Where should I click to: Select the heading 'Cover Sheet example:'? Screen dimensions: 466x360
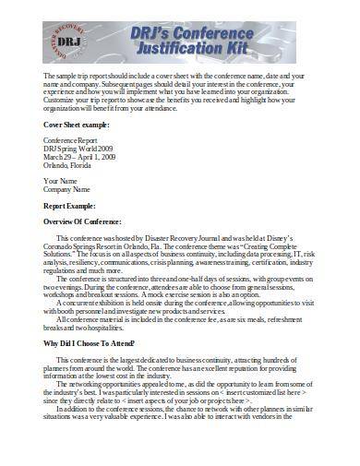click(77, 124)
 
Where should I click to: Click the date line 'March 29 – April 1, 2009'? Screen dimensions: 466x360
click(79, 157)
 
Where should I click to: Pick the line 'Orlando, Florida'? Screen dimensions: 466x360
click(68, 164)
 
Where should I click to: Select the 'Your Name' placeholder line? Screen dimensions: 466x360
click(61, 181)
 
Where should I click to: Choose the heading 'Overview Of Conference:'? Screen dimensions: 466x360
click(83, 221)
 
